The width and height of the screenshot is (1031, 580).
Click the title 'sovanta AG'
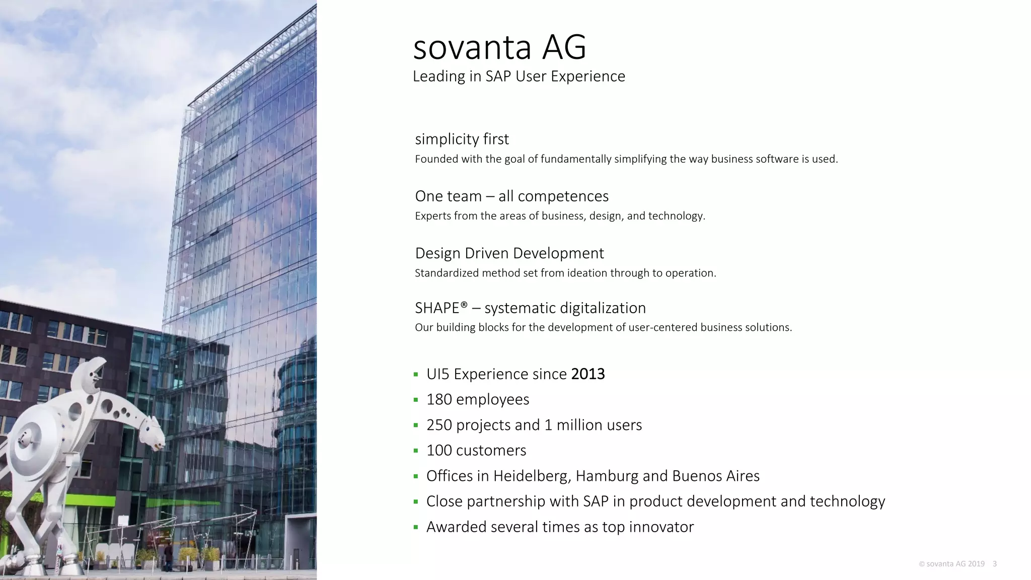[499, 47]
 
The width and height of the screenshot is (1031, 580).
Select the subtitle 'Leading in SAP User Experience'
[519, 77]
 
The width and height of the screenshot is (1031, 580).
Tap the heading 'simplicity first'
[462, 139]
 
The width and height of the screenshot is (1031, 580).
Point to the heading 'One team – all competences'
[511, 196]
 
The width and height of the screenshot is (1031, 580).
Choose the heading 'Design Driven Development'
[509, 253]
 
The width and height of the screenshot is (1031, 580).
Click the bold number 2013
[588, 374]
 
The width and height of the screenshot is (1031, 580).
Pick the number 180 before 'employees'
[439, 399]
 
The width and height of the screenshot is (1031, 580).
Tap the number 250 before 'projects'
[439, 425]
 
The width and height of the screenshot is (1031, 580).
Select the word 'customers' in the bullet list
[491, 450]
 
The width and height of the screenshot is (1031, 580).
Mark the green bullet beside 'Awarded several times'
[416, 527]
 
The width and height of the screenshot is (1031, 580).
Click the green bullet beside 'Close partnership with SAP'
[416, 501]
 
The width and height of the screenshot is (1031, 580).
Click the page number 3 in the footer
[995, 564]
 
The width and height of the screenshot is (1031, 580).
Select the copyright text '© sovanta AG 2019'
[951, 564]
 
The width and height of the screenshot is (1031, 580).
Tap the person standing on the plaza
[168, 556]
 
